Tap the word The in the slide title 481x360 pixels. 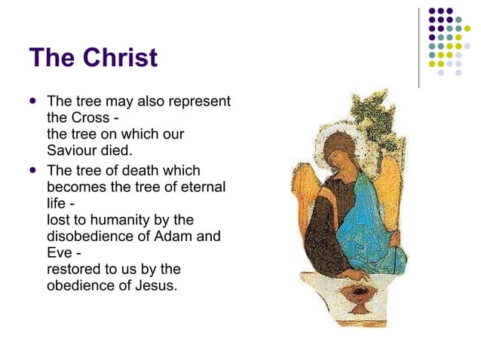(52, 57)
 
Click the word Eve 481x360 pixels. (60, 253)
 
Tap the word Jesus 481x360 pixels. (155, 285)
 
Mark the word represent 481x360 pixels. (201, 101)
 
